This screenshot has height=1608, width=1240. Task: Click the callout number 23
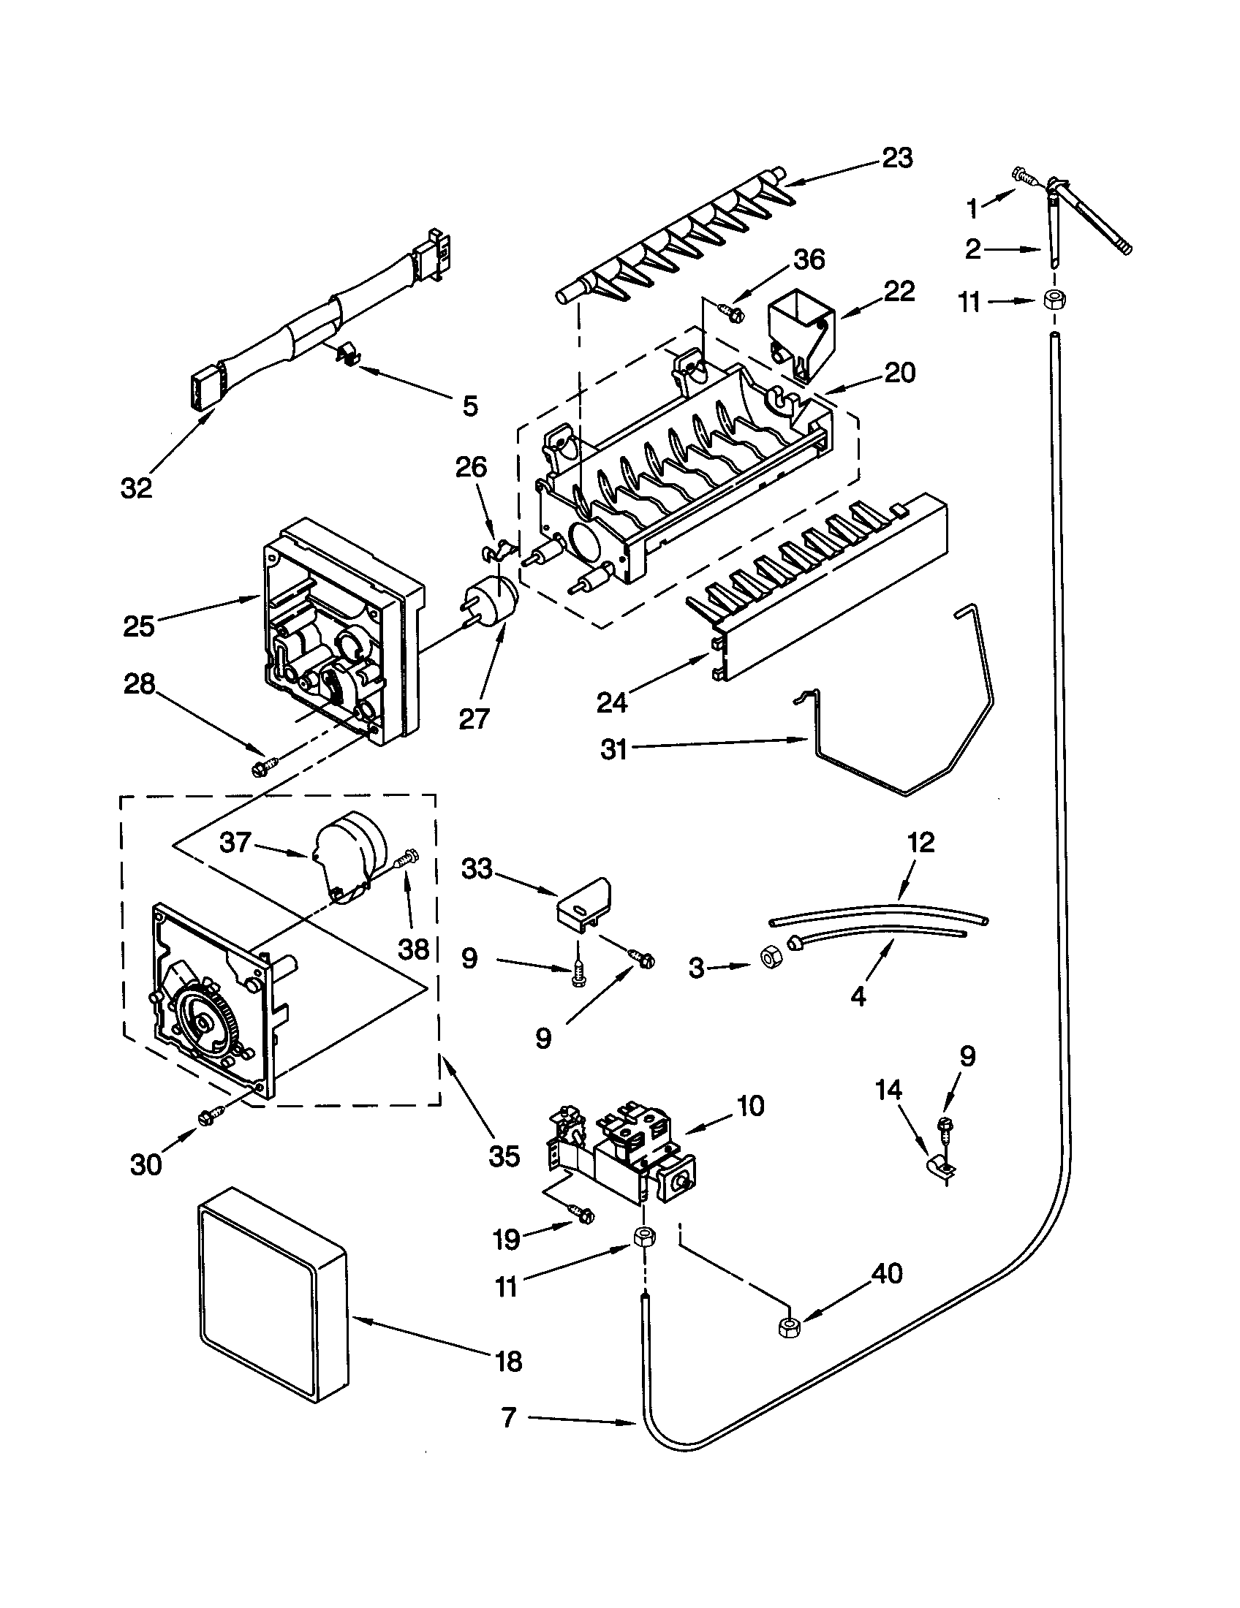pos(897,159)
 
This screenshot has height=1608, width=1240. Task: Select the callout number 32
pos(136,488)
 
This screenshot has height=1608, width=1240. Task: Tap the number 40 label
pos(887,1273)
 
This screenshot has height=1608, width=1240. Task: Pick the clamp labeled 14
pos(940,1164)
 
